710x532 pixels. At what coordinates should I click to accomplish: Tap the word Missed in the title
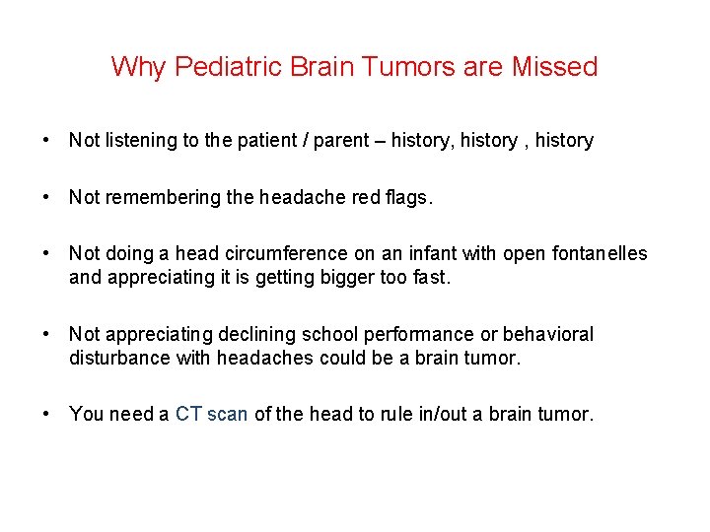click(555, 67)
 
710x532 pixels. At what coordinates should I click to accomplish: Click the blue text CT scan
click(211, 414)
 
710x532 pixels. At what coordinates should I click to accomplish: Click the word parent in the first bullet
click(340, 141)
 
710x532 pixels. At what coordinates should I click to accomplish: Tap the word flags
click(410, 197)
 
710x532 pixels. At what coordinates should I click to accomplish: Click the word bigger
click(346, 277)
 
